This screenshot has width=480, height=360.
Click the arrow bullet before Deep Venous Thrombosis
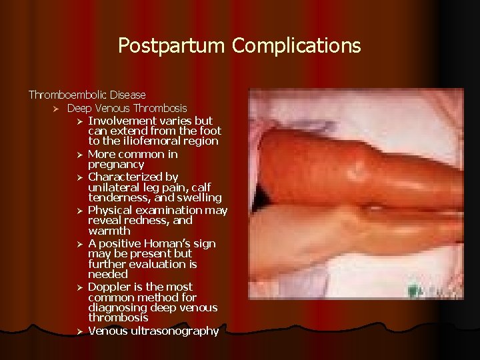(x=57, y=108)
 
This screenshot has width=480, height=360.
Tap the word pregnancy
(x=116, y=164)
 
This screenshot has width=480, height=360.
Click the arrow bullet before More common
(x=78, y=155)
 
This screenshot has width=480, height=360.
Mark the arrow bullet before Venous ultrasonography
(x=78, y=331)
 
